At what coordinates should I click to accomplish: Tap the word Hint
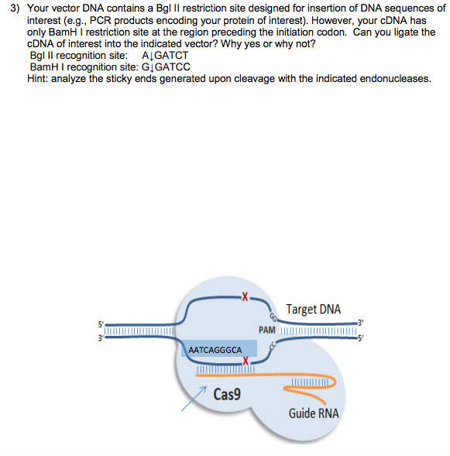[x=38, y=79]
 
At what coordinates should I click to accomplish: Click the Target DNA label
[x=313, y=310]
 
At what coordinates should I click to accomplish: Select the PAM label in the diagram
[x=268, y=331]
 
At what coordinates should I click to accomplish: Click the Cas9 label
[x=227, y=394]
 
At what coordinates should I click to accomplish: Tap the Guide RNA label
[x=313, y=413]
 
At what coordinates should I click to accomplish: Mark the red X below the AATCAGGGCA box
[x=244, y=361]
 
